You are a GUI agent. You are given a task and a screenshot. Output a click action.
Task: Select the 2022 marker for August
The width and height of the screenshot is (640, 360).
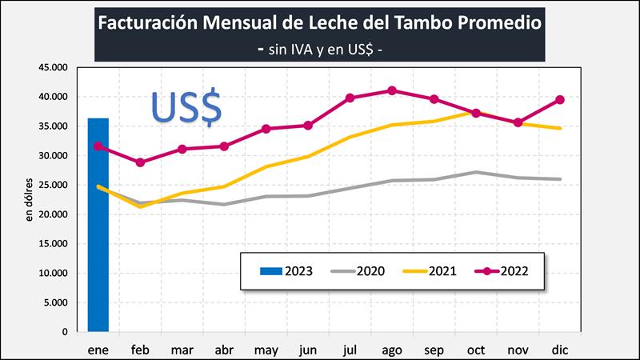(x=392, y=90)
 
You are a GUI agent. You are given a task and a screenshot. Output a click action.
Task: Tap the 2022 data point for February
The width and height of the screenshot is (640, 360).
(x=140, y=162)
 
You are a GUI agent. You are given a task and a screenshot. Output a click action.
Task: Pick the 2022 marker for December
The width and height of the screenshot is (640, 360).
(x=560, y=100)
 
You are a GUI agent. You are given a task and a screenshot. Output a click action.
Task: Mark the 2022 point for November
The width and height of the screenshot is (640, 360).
(x=518, y=122)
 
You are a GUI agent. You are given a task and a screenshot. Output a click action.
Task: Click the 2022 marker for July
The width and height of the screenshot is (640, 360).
(x=350, y=98)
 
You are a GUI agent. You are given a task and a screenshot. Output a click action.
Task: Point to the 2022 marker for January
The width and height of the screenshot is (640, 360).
(x=98, y=146)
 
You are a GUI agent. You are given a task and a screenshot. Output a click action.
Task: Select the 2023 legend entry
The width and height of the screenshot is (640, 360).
(x=285, y=270)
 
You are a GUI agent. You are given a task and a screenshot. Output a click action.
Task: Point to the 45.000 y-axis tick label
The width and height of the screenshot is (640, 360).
(x=54, y=67)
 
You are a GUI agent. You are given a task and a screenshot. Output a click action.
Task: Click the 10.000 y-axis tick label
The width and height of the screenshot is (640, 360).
(x=54, y=273)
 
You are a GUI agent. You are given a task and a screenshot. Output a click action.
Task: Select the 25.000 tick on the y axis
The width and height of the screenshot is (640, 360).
(x=54, y=185)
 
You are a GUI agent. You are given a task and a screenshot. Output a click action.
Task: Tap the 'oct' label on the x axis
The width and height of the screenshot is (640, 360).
(x=476, y=350)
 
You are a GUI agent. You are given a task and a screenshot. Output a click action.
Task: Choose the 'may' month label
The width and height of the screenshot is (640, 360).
(x=266, y=350)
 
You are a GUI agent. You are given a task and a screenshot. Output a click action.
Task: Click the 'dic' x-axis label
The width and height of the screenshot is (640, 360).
(x=560, y=350)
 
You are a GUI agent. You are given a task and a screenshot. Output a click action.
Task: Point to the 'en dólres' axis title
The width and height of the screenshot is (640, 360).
(x=30, y=199)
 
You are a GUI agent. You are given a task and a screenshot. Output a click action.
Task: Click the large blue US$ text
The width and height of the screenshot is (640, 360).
(x=186, y=106)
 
